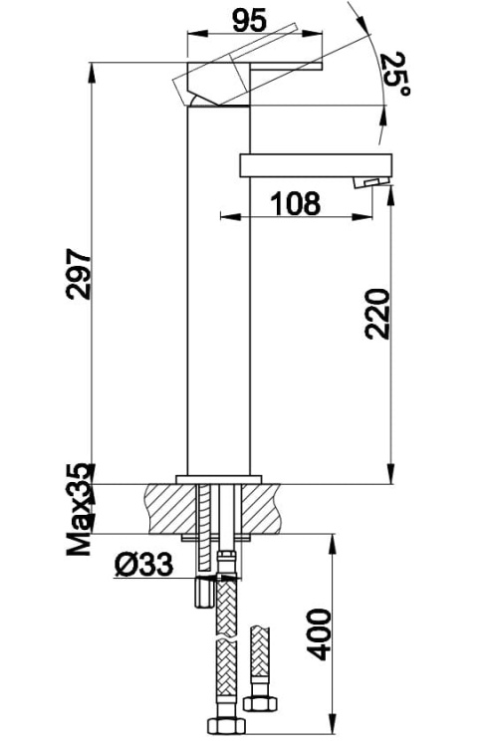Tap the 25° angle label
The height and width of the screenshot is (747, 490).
(x=395, y=73)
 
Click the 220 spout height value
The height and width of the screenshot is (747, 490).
(x=377, y=314)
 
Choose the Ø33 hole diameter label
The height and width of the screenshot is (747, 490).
(x=144, y=565)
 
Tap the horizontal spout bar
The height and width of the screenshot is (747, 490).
(x=317, y=164)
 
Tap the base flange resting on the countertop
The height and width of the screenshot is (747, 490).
(x=218, y=479)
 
